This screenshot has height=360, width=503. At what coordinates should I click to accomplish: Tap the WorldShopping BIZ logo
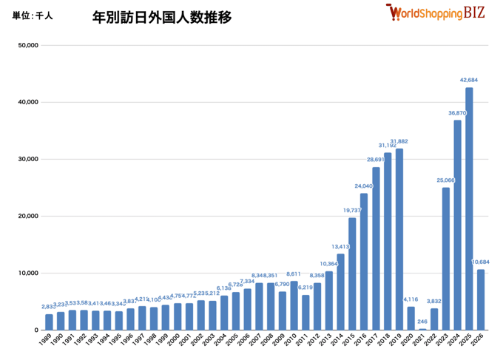(x=435, y=13)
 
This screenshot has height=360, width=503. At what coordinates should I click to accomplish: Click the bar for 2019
(x=399, y=240)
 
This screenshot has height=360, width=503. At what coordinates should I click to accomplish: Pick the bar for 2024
(x=457, y=225)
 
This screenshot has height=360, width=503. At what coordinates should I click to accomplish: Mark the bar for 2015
(x=352, y=274)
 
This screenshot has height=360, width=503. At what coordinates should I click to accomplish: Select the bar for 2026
(x=481, y=299)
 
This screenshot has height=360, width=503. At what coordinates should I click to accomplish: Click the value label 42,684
(x=469, y=80)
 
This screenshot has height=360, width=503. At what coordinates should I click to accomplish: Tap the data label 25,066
(x=445, y=180)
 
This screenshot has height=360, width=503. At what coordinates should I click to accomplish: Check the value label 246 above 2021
(x=422, y=321)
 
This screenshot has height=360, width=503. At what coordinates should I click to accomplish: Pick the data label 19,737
(x=352, y=210)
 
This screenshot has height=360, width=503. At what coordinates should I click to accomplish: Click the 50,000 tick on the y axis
(x=27, y=45)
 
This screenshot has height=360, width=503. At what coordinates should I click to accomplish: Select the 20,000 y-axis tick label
(x=27, y=216)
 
